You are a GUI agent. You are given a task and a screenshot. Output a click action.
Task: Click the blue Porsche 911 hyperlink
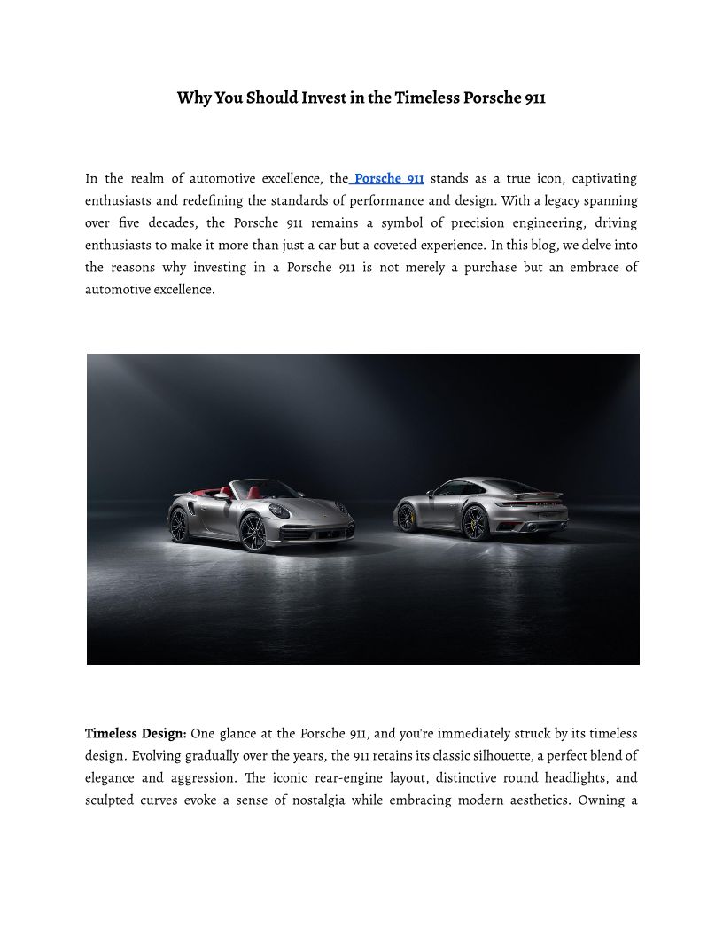pyautogui.click(x=389, y=179)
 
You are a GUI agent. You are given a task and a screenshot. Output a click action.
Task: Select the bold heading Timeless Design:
pyautogui.click(x=136, y=734)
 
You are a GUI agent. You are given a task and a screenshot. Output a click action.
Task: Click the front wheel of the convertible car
pyautogui.click(x=254, y=530)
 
